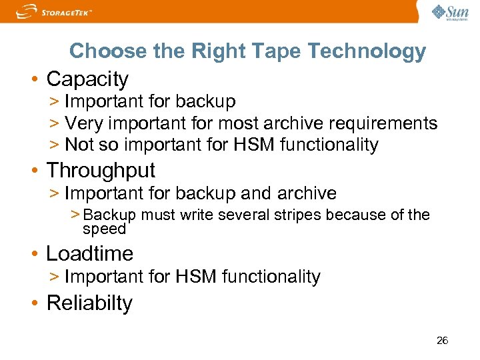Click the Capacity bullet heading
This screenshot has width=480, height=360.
(87, 79)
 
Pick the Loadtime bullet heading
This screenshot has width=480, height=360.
(89, 253)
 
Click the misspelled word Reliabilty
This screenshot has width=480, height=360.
(89, 303)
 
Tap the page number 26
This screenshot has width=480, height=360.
(442, 341)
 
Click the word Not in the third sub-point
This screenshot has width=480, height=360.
(79, 145)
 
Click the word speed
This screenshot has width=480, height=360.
(104, 229)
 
